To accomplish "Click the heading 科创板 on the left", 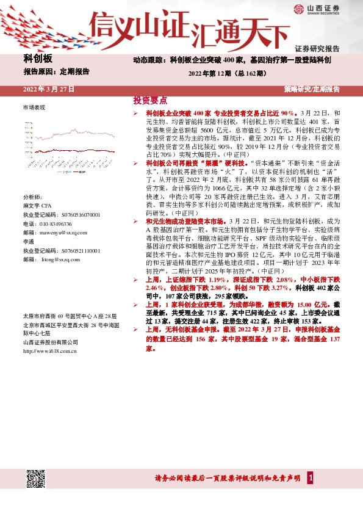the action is [x=38, y=59].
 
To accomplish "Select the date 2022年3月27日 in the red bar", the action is [x=49, y=89].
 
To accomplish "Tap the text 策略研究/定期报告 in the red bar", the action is [x=312, y=89].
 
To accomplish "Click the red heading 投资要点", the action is [x=150, y=101].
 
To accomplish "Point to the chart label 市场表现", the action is [x=34, y=107].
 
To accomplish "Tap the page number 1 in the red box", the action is [x=311, y=477].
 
